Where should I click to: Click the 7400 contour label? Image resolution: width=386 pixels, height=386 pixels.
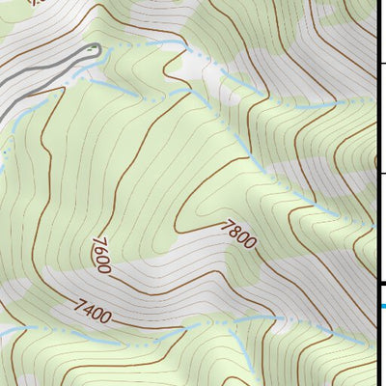tap(94, 312)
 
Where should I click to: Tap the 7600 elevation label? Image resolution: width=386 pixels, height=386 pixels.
tap(101, 254)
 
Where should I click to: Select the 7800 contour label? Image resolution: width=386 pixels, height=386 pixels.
tap(238, 235)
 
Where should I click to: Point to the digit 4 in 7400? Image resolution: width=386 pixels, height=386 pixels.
tap(88, 310)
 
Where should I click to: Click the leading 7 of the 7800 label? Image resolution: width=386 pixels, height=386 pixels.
tap(227, 227)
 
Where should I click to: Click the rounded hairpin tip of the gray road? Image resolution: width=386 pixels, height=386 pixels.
tap(96, 48)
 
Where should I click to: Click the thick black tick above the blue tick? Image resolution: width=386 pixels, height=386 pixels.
tap(381, 283)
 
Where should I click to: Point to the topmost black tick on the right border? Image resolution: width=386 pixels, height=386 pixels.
tap(381, 61)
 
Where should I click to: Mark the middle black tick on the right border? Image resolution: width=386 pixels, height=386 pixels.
tap(381, 173)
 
